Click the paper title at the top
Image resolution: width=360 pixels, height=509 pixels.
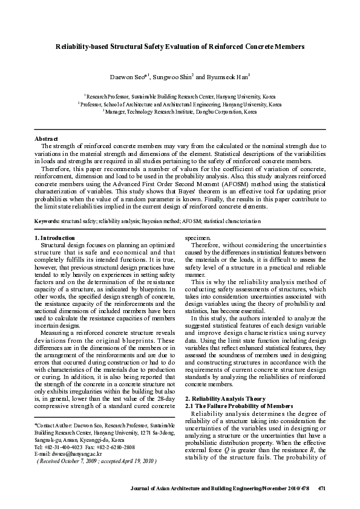pos(180,46)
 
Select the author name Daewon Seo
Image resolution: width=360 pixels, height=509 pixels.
pos(128,77)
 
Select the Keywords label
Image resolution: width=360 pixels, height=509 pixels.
pos(47,222)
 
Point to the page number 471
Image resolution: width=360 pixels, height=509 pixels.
pos(322,487)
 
